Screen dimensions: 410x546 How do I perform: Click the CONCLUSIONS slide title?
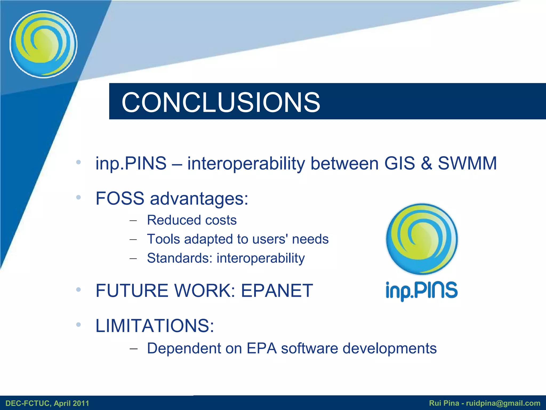coord(221,102)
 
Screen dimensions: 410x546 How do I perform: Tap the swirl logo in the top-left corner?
coord(43,44)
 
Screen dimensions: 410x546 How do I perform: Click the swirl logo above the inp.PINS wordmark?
coord(422,239)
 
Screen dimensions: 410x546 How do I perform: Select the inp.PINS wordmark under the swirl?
coord(422,291)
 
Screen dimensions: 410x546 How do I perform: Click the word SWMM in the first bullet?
coord(467,163)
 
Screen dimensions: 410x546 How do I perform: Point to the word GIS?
coord(399,163)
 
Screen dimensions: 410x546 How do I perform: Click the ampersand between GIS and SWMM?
coord(427,163)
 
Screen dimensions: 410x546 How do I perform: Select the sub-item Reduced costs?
coord(192,220)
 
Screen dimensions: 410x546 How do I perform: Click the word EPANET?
coord(277,290)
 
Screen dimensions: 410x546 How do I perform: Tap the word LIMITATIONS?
coord(155,326)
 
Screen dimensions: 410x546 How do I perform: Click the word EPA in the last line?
coord(262,348)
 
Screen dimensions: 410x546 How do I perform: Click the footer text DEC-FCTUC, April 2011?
coord(47,403)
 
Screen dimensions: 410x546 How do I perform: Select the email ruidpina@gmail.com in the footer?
coord(503,403)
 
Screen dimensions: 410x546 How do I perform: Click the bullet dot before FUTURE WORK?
coord(78,290)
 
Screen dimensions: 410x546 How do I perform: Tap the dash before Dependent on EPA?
coord(133,349)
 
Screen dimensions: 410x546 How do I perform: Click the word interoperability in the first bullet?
coord(246,164)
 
